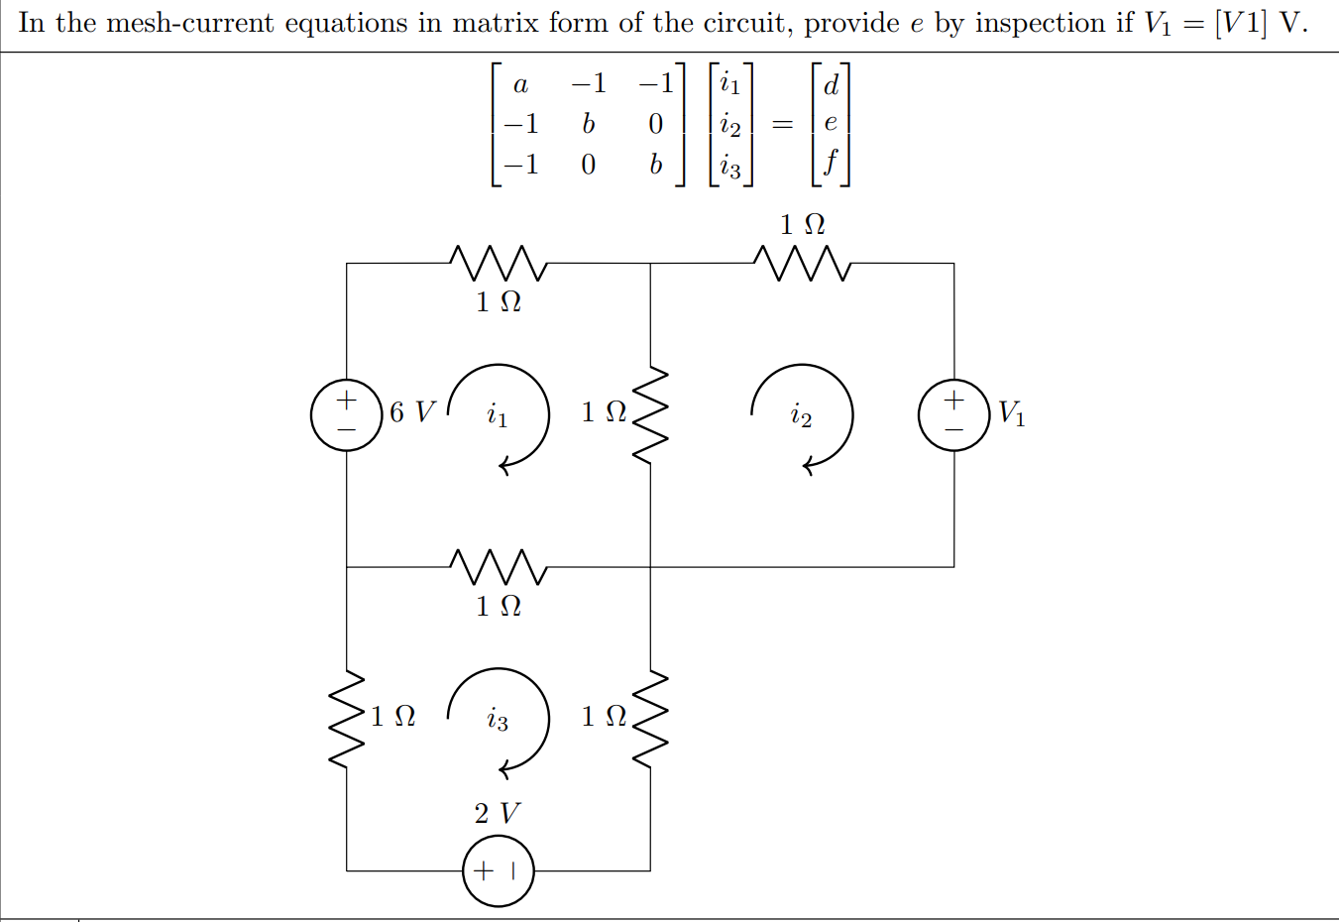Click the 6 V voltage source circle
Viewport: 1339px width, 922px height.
tap(346, 414)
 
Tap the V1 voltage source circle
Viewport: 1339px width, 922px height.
tap(953, 414)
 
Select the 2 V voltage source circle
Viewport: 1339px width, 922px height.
tap(498, 870)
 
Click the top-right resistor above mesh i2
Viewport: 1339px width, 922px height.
tap(802, 264)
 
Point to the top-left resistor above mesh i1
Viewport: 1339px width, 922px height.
tap(498, 264)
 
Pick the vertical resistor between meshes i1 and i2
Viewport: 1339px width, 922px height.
tap(650, 415)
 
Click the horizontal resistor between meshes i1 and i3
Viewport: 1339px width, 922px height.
tap(498, 567)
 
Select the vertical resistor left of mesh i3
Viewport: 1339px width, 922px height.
tap(346, 719)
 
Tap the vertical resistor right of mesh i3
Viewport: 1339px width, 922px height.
tap(650, 719)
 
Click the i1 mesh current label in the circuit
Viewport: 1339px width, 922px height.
tap(498, 414)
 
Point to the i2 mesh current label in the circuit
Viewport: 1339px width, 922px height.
tap(801, 414)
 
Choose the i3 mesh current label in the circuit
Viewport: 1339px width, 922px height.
tap(498, 719)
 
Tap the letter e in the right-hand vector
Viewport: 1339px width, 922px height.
tap(831, 123)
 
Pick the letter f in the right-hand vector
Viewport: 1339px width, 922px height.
tap(831, 162)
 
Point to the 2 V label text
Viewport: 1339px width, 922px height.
tap(497, 814)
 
